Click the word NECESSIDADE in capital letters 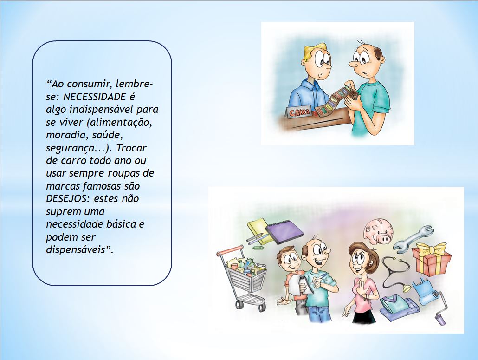(x=95, y=97)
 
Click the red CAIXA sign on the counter (x=299, y=112)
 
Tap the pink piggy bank (x=378, y=231)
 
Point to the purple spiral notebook (x=284, y=231)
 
